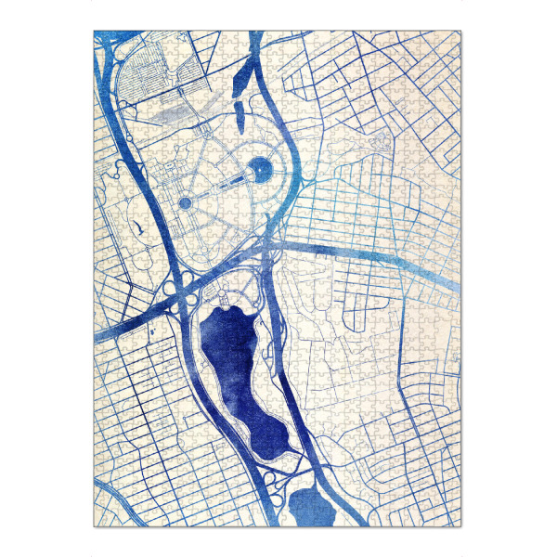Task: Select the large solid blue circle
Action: point(262,169)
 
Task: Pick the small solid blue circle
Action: point(185,202)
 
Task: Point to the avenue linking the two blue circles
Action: point(223,186)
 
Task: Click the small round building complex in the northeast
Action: point(380,142)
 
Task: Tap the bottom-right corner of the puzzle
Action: point(461,526)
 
